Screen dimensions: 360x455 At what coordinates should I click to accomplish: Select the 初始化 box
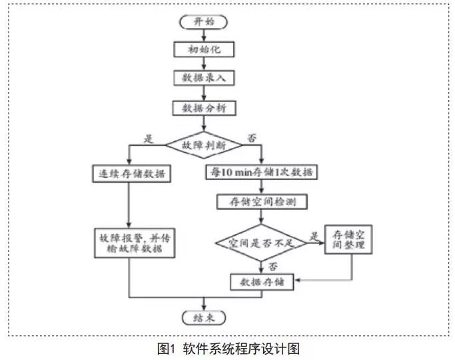(205, 49)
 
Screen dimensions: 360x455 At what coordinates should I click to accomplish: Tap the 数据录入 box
(205, 78)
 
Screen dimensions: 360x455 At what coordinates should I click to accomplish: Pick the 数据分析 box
(205, 107)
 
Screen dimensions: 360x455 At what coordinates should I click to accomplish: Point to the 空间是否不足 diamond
(260, 243)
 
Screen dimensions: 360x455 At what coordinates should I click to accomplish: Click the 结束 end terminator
(205, 317)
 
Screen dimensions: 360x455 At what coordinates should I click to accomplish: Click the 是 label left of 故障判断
(149, 139)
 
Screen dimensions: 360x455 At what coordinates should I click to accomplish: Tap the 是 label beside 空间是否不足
(313, 235)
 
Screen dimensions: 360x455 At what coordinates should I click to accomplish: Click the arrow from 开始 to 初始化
(205, 35)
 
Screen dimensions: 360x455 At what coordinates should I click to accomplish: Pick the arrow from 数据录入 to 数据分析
(205, 93)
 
